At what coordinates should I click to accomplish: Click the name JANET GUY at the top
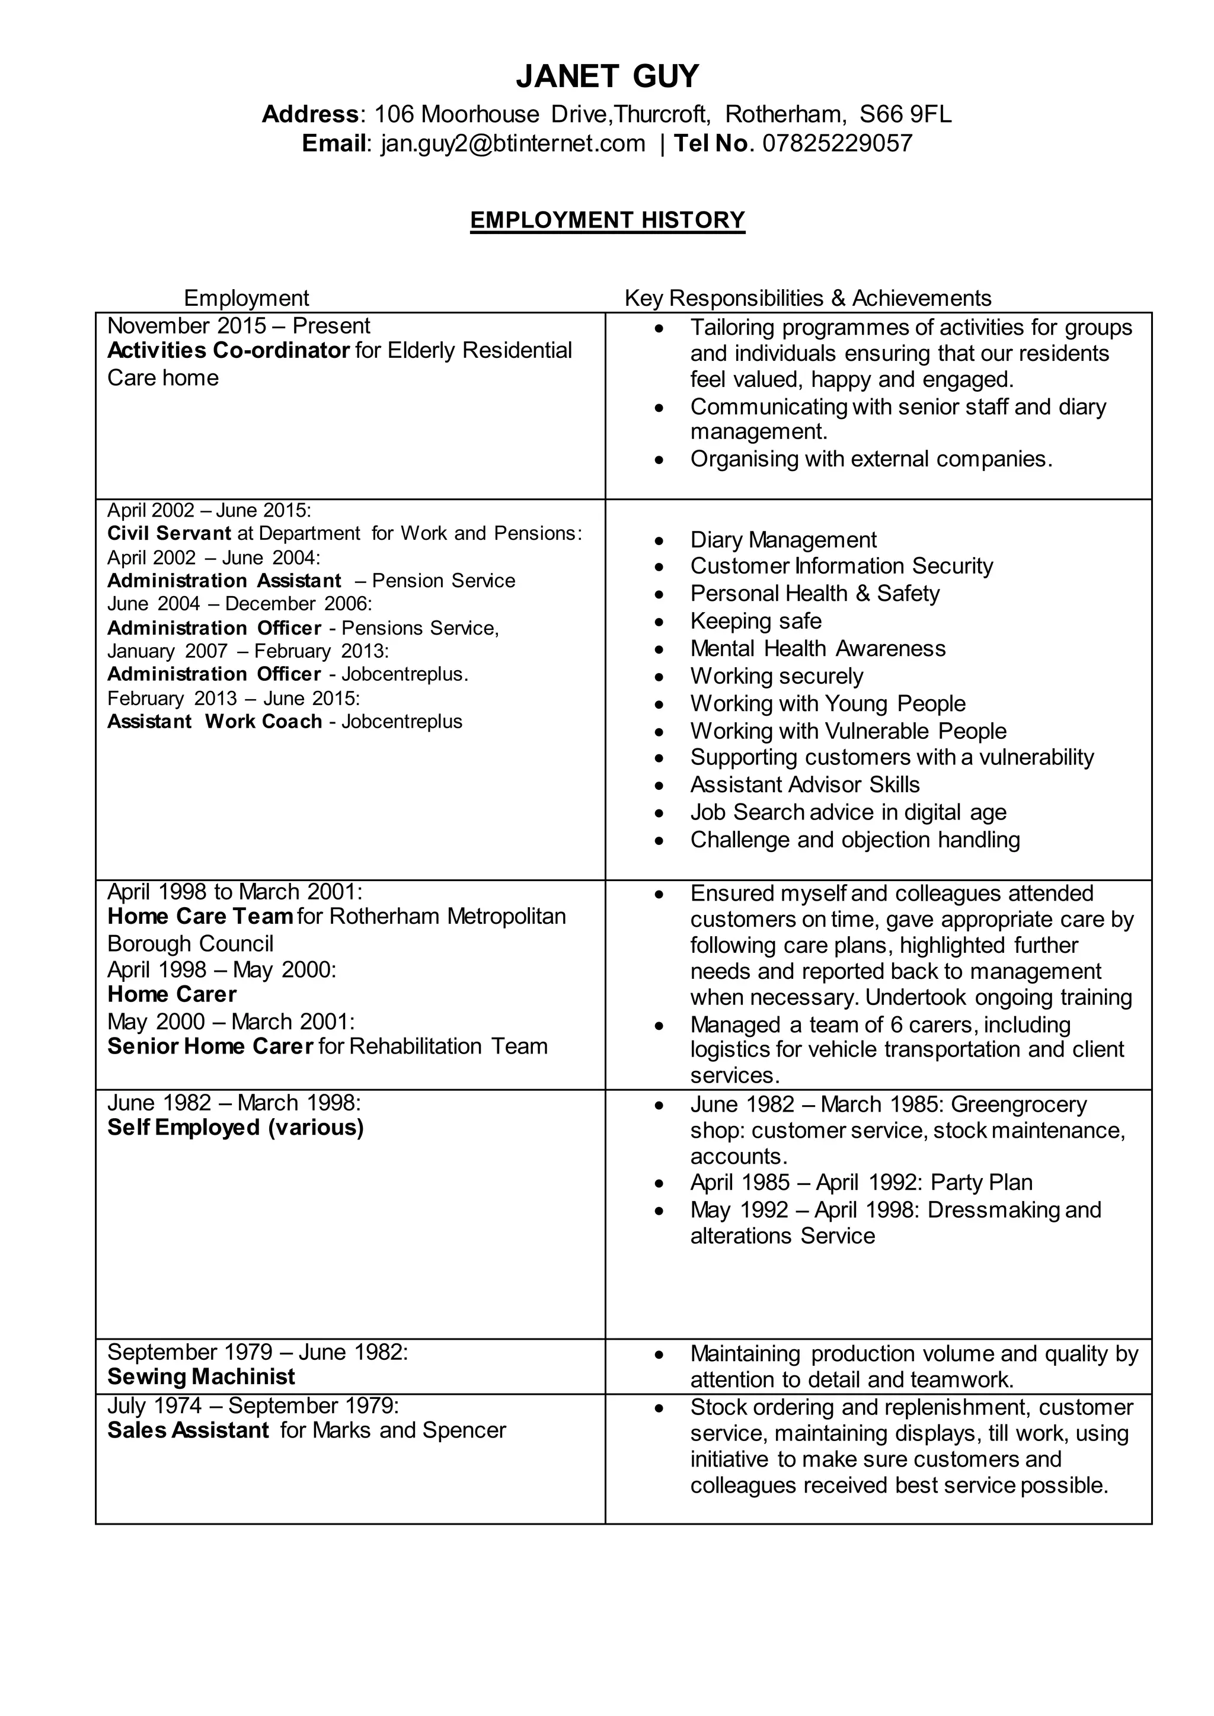coord(607,76)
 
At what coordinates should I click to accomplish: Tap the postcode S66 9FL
coord(905,114)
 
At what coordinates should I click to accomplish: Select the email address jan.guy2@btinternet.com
coord(513,143)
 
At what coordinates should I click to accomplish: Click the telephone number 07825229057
coord(837,143)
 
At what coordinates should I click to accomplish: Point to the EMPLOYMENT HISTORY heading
coord(607,220)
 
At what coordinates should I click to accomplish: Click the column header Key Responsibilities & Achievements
coord(807,298)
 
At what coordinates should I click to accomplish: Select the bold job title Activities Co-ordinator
coord(228,351)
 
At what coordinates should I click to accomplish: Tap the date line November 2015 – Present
coord(238,326)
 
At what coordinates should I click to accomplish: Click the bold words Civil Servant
coord(169,534)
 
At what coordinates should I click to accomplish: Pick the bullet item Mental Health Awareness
coord(818,648)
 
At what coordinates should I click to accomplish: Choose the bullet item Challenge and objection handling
coord(854,840)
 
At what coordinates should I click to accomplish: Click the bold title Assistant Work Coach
coord(215,722)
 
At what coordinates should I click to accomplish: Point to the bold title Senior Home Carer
coord(210,1046)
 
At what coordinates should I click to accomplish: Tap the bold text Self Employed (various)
coord(235,1128)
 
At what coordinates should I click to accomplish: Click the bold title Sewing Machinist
coord(201,1376)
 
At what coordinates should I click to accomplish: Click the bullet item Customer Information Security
coord(842,566)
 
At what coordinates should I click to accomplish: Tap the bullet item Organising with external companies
coord(871,459)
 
